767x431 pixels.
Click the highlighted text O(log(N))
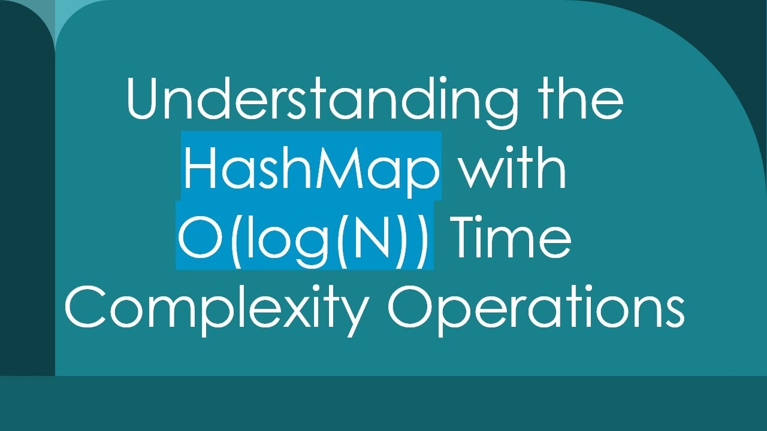pos(304,236)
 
